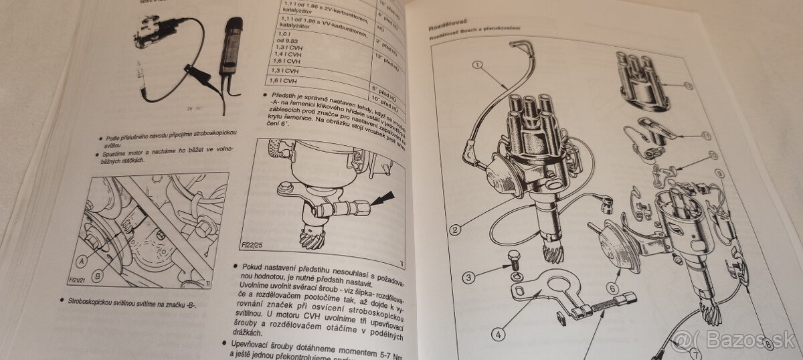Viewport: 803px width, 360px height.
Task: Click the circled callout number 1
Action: click(x=477, y=66)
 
